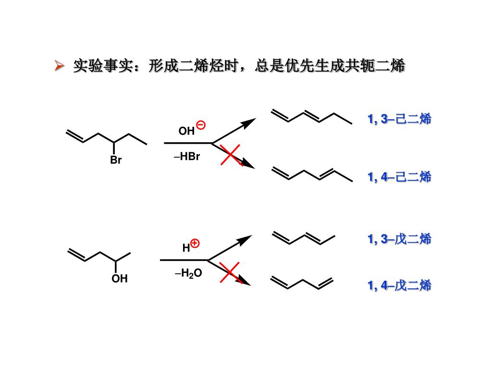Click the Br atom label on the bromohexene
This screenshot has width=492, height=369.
pyautogui.click(x=116, y=160)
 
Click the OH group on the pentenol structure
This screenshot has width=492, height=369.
pyautogui.click(x=120, y=279)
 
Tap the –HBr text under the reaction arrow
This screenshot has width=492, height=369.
pyautogui.click(x=187, y=157)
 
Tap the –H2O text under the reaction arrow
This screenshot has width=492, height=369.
pyautogui.click(x=188, y=274)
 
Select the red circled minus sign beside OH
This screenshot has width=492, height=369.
pyautogui.click(x=201, y=125)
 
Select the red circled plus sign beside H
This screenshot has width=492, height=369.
pyautogui.click(x=195, y=244)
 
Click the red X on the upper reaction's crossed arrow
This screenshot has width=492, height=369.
pyautogui.click(x=231, y=154)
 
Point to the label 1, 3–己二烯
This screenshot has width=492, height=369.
pyautogui.click(x=399, y=119)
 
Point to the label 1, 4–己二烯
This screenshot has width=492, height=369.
pyautogui.click(x=399, y=177)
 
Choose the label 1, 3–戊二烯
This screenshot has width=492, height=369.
pyautogui.click(x=399, y=238)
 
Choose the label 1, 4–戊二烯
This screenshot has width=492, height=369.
pyautogui.click(x=399, y=285)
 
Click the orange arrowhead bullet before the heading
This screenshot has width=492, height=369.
pyautogui.click(x=59, y=66)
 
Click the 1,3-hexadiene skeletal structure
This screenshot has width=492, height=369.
pyautogui.click(x=311, y=117)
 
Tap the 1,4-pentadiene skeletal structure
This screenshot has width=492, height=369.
pyautogui.click(x=302, y=283)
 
